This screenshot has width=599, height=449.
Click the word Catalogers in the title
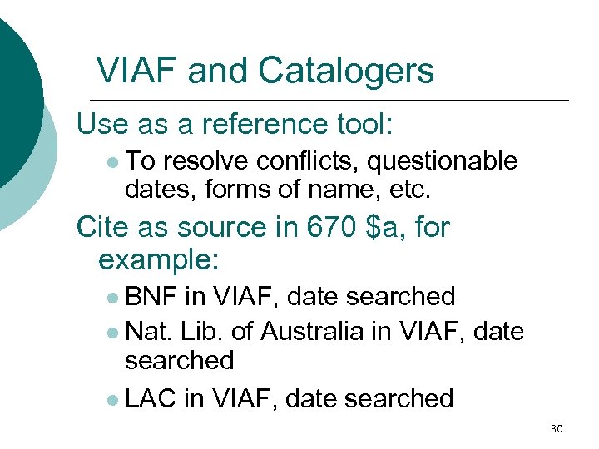346,71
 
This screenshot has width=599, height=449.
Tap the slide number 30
557,429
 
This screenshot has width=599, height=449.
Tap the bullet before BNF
111,298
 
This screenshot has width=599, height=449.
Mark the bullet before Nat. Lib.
111,333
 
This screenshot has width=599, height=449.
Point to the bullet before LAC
111,400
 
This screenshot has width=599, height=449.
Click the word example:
158,259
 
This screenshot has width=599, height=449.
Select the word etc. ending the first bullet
409,190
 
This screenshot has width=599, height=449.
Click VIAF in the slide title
136,71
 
